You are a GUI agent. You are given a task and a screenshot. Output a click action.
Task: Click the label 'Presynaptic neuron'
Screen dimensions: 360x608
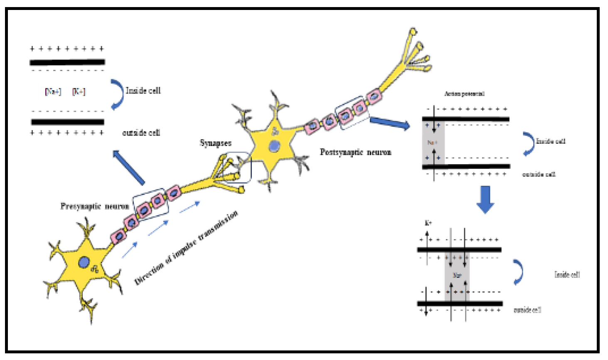[94, 206]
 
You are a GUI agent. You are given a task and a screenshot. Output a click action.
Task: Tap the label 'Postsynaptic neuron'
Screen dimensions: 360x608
[355, 152]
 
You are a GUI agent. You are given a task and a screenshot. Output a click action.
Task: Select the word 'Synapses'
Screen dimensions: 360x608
[215, 143]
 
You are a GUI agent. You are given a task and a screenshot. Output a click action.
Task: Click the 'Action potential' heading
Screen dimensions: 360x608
[464, 94]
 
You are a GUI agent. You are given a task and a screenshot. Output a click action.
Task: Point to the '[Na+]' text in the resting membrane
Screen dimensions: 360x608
[53, 91]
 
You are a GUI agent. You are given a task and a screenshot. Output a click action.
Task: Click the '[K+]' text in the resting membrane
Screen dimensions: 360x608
[79, 91]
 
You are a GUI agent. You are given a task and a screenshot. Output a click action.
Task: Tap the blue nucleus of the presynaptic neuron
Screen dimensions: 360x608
[84, 262]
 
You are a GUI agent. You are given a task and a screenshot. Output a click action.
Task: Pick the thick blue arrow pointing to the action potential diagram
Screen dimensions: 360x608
[389, 123]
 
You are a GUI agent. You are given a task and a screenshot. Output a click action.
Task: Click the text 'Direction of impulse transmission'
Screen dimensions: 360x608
[187, 248]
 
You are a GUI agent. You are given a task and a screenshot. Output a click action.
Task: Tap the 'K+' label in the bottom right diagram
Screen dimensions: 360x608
[428, 223]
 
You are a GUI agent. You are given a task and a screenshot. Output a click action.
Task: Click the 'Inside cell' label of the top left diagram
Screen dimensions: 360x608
[143, 91]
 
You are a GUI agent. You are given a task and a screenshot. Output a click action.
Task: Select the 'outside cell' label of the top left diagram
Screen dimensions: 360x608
[141, 133]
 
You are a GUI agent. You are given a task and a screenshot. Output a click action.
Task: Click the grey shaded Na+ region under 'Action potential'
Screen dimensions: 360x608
[433, 142]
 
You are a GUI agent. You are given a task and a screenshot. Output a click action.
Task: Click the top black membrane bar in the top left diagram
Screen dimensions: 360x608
[67, 62]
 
